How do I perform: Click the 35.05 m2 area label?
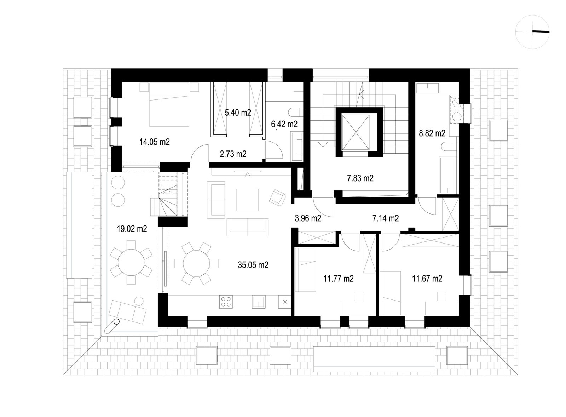click(253, 265)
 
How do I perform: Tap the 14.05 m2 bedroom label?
click(155, 142)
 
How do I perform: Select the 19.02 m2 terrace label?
click(132, 229)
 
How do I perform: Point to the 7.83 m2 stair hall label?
click(360, 178)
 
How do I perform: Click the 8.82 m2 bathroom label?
click(432, 133)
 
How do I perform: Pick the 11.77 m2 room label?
click(339, 279)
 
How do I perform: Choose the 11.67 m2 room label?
click(427, 279)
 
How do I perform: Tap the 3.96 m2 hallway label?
click(308, 218)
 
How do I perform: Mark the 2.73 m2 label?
click(233, 154)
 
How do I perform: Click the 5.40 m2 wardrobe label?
click(238, 113)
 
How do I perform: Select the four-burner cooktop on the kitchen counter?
click(226, 302)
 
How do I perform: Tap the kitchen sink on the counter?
click(259, 302)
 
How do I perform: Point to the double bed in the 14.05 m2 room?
click(169, 104)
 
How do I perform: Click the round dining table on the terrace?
click(131, 263)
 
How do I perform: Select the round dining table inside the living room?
click(196, 264)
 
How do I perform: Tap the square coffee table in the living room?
click(248, 200)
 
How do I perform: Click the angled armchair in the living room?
click(277, 197)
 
